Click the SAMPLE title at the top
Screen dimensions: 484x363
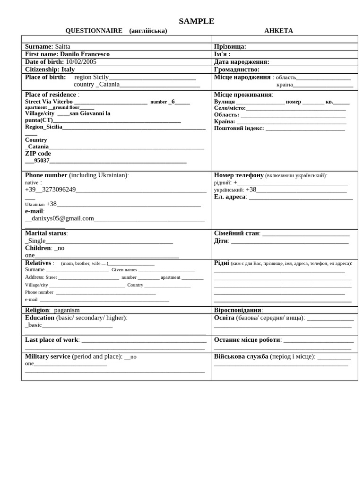(196, 21)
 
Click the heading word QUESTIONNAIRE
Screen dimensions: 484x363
(94, 31)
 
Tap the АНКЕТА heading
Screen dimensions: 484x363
(278, 31)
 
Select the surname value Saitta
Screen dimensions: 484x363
(62, 46)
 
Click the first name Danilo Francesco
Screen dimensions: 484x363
(85, 54)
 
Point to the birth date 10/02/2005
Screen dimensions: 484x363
(81, 61)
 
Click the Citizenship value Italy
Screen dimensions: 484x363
(68, 69)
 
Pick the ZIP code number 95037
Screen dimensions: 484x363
(42, 160)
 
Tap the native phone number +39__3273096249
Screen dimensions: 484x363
(50, 190)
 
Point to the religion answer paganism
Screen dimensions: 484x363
(67, 310)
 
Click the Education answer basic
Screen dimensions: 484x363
(35, 325)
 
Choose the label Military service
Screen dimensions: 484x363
(47, 356)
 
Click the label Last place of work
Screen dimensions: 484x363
(52, 339)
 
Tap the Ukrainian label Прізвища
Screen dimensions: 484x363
(230, 46)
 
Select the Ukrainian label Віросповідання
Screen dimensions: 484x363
(237, 310)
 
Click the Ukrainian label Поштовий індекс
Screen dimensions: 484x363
(239, 128)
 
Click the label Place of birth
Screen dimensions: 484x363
(45, 77)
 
